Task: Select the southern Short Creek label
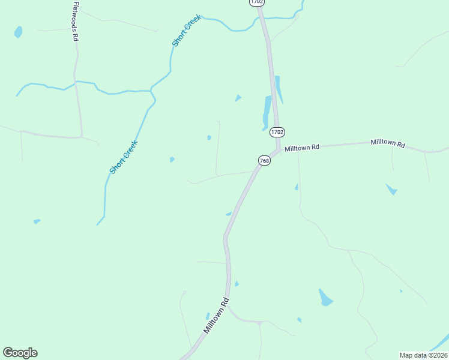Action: [x=124, y=157]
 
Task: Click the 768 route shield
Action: [x=264, y=160]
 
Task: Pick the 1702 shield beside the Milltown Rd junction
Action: [x=277, y=132]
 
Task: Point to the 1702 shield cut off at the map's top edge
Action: [x=257, y=2]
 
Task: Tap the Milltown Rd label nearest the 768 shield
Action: [x=302, y=148]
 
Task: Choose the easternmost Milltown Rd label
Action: [x=388, y=143]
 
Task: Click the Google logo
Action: [x=20, y=353]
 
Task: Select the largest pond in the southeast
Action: [x=325, y=298]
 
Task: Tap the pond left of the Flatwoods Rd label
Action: [x=18, y=31]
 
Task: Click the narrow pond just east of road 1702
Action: [x=279, y=89]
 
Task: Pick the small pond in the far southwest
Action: [x=37, y=221]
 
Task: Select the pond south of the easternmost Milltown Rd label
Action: [x=391, y=190]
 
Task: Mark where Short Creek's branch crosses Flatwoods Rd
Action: [x=75, y=82]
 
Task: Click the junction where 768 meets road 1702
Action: [x=278, y=150]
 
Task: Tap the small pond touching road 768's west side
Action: [x=229, y=214]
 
